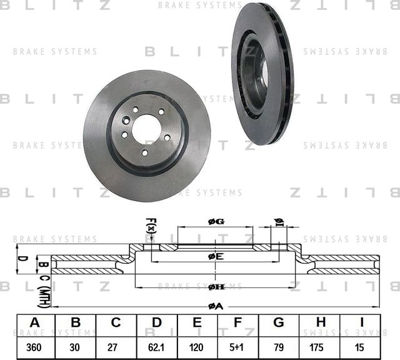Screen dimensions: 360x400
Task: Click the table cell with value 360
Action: point(35,346)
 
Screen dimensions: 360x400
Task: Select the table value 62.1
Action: point(157,346)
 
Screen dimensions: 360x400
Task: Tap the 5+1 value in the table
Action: point(238,346)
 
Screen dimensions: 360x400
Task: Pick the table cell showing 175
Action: point(320,346)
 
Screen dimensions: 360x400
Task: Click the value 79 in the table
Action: point(279,346)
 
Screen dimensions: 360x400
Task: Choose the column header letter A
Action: point(35,322)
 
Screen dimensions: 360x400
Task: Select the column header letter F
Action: point(238,322)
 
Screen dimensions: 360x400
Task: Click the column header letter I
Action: point(361,322)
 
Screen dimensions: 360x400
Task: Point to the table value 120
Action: point(197,346)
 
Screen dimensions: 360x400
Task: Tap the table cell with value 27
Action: point(116,346)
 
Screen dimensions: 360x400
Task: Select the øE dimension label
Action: point(216,256)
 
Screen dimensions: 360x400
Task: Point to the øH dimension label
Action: point(216,286)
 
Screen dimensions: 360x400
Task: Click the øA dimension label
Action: point(216,306)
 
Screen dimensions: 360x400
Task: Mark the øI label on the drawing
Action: point(279,223)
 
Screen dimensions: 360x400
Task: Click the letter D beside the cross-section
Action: point(20,258)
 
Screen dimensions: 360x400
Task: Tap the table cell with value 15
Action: point(361,346)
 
